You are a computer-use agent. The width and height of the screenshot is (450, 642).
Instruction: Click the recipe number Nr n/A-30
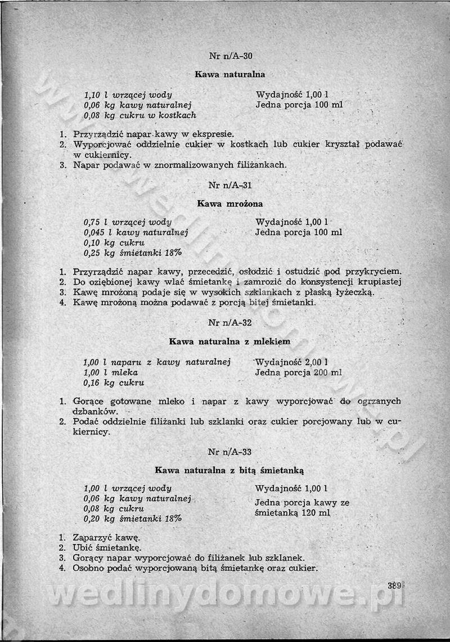pyautogui.click(x=230, y=56)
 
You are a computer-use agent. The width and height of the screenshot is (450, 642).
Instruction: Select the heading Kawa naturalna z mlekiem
pyautogui.click(x=229, y=342)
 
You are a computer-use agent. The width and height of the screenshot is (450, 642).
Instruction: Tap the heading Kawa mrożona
pyautogui.click(x=229, y=204)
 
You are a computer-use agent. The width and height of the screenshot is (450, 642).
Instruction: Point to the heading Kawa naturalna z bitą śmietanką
pyautogui.click(x=229, y=469)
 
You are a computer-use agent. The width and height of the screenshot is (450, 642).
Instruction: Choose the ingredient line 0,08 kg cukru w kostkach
pyautogui.click(x=140, y=115)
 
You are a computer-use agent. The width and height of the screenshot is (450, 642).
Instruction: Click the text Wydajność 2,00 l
pyautogui.click(x=291, y=362)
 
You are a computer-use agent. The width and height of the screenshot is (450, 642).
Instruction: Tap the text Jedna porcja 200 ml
pyautogui.click(x=298, y=372)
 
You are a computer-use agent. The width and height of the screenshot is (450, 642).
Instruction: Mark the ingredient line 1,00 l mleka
pyautogui.click(x=110, y=372)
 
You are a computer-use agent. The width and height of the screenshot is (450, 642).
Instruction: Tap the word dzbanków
pyautogui.click(x=95, y=411)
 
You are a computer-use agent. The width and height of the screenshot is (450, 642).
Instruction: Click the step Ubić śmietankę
pyautogui.click(x=107, y=547)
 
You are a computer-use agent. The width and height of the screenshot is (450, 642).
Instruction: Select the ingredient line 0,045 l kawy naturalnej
pyautogui.click(x=136, y=232)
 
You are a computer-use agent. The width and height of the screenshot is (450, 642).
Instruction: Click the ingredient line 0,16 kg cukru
pyautogui.click(x=114, y=383)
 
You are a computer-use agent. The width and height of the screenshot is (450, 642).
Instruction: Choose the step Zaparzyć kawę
pyautogui.click(x=106, y=536)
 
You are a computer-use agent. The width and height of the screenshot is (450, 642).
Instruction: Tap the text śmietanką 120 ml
pyautogui.click(x=292, y=513)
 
